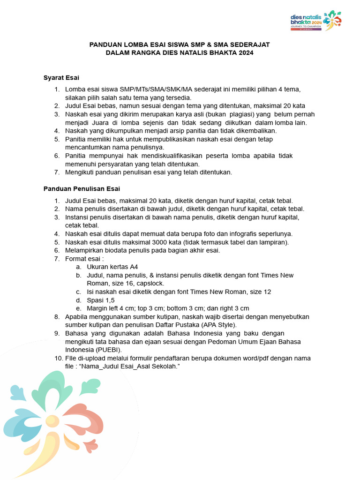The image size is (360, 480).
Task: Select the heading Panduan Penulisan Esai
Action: [x=82, y=189]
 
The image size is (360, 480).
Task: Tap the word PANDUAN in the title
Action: [x=105, y=45]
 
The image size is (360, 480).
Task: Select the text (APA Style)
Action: [x=220, y=324]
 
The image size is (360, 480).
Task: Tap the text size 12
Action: [x=267, y=292]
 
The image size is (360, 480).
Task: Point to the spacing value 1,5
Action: [x=109, y=300]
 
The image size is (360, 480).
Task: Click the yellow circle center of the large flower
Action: [x=52, y=420]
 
